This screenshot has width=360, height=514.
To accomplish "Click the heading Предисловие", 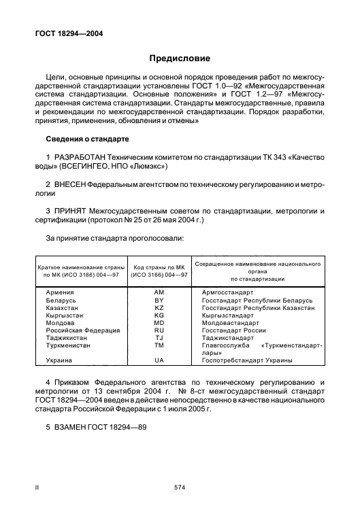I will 180,58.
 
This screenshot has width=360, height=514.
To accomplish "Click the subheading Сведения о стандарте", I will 87,139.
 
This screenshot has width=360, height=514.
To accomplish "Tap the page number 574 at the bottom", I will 180,487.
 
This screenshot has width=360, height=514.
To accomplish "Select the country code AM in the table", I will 160,292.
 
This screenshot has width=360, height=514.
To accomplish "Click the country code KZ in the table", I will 160,307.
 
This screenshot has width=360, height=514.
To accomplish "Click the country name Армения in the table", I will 61,292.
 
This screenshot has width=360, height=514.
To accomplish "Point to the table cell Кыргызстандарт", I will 232,315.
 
